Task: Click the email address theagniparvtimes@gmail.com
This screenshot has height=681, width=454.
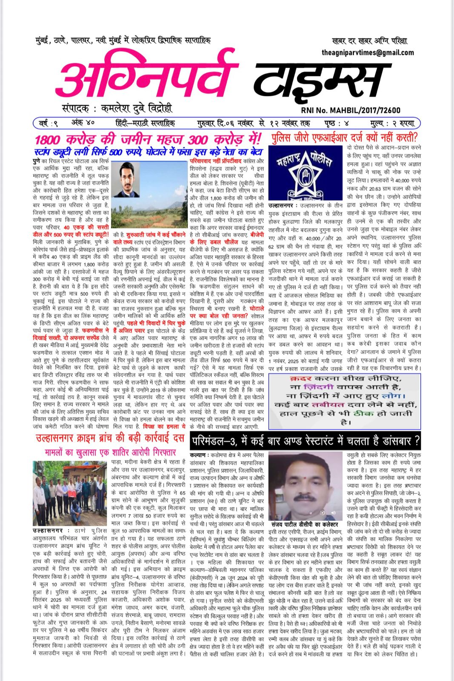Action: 368,52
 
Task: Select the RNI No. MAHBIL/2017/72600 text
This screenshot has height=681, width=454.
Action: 350,110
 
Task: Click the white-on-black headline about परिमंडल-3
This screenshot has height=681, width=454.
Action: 305,440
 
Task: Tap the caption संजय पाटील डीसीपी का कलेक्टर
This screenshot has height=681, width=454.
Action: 305,524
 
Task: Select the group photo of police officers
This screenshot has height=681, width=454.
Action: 70,493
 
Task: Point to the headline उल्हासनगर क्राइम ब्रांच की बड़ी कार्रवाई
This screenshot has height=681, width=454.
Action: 110,438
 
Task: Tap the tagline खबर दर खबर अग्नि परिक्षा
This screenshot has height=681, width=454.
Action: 369,41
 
